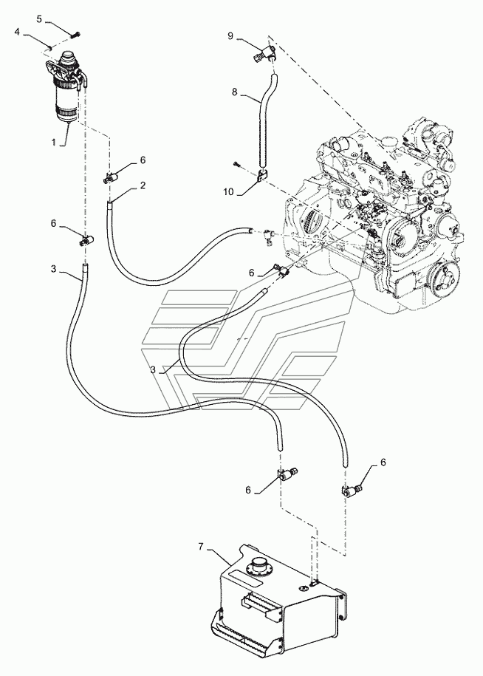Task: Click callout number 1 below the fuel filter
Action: point(54,142)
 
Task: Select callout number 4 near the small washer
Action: point(17,32)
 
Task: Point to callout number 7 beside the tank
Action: point(200,547)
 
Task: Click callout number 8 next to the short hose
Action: point(234,92)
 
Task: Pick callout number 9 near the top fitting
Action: point(230,35)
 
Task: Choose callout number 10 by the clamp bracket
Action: point(228,191)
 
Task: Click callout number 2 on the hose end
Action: point(143,185)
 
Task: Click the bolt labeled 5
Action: point(77,34)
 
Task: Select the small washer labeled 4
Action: point(50,47)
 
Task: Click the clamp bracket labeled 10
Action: point(262,177)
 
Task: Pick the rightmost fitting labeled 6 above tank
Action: point(353,491)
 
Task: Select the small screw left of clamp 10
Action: point(236,163)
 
